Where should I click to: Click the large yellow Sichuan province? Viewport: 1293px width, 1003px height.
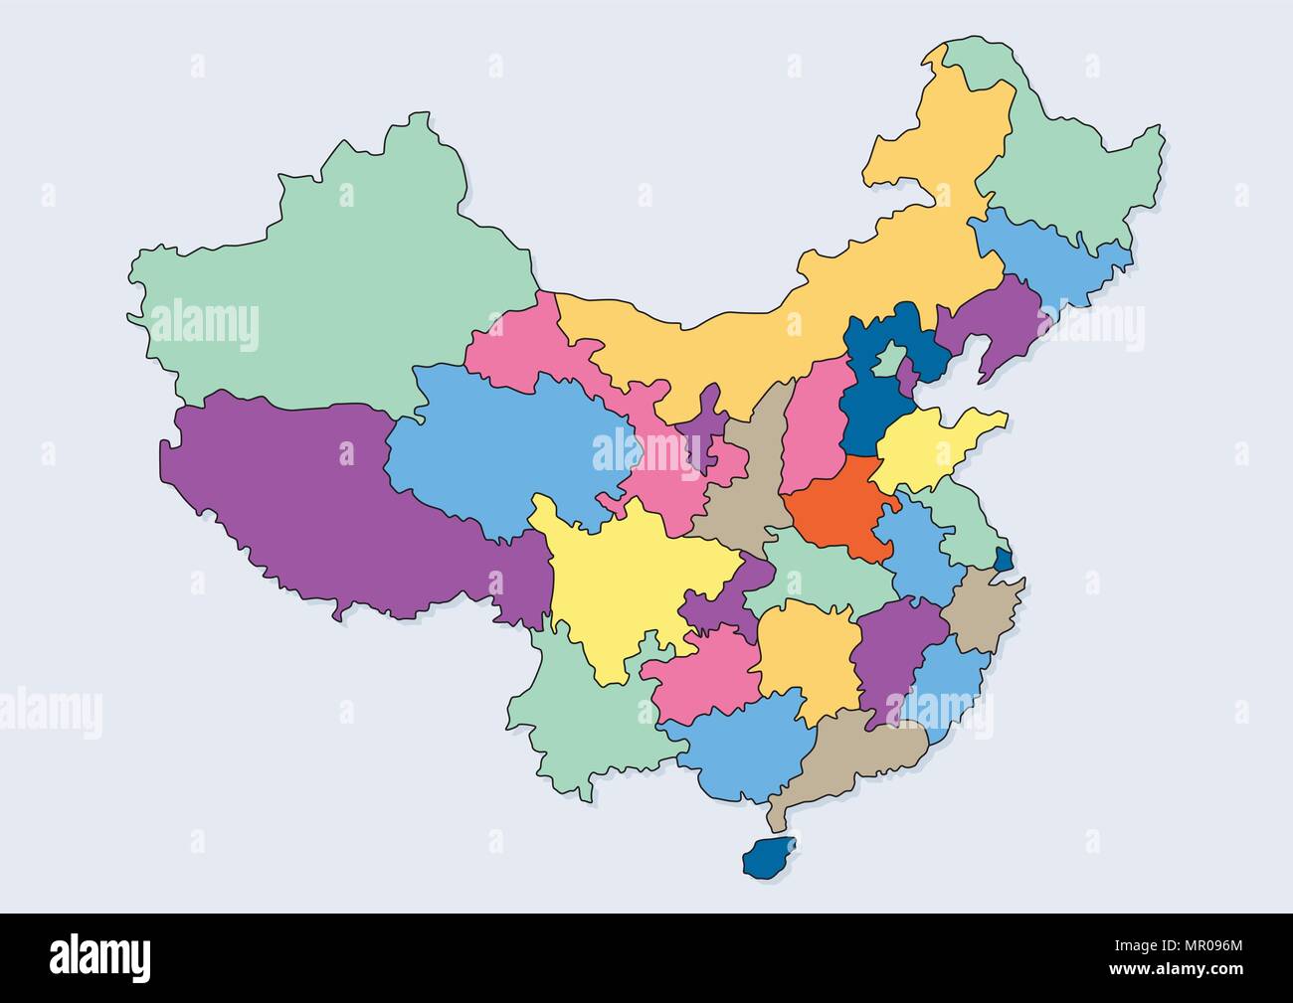click(627, 586)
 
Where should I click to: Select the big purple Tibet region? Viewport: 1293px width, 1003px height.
click(328, 497)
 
